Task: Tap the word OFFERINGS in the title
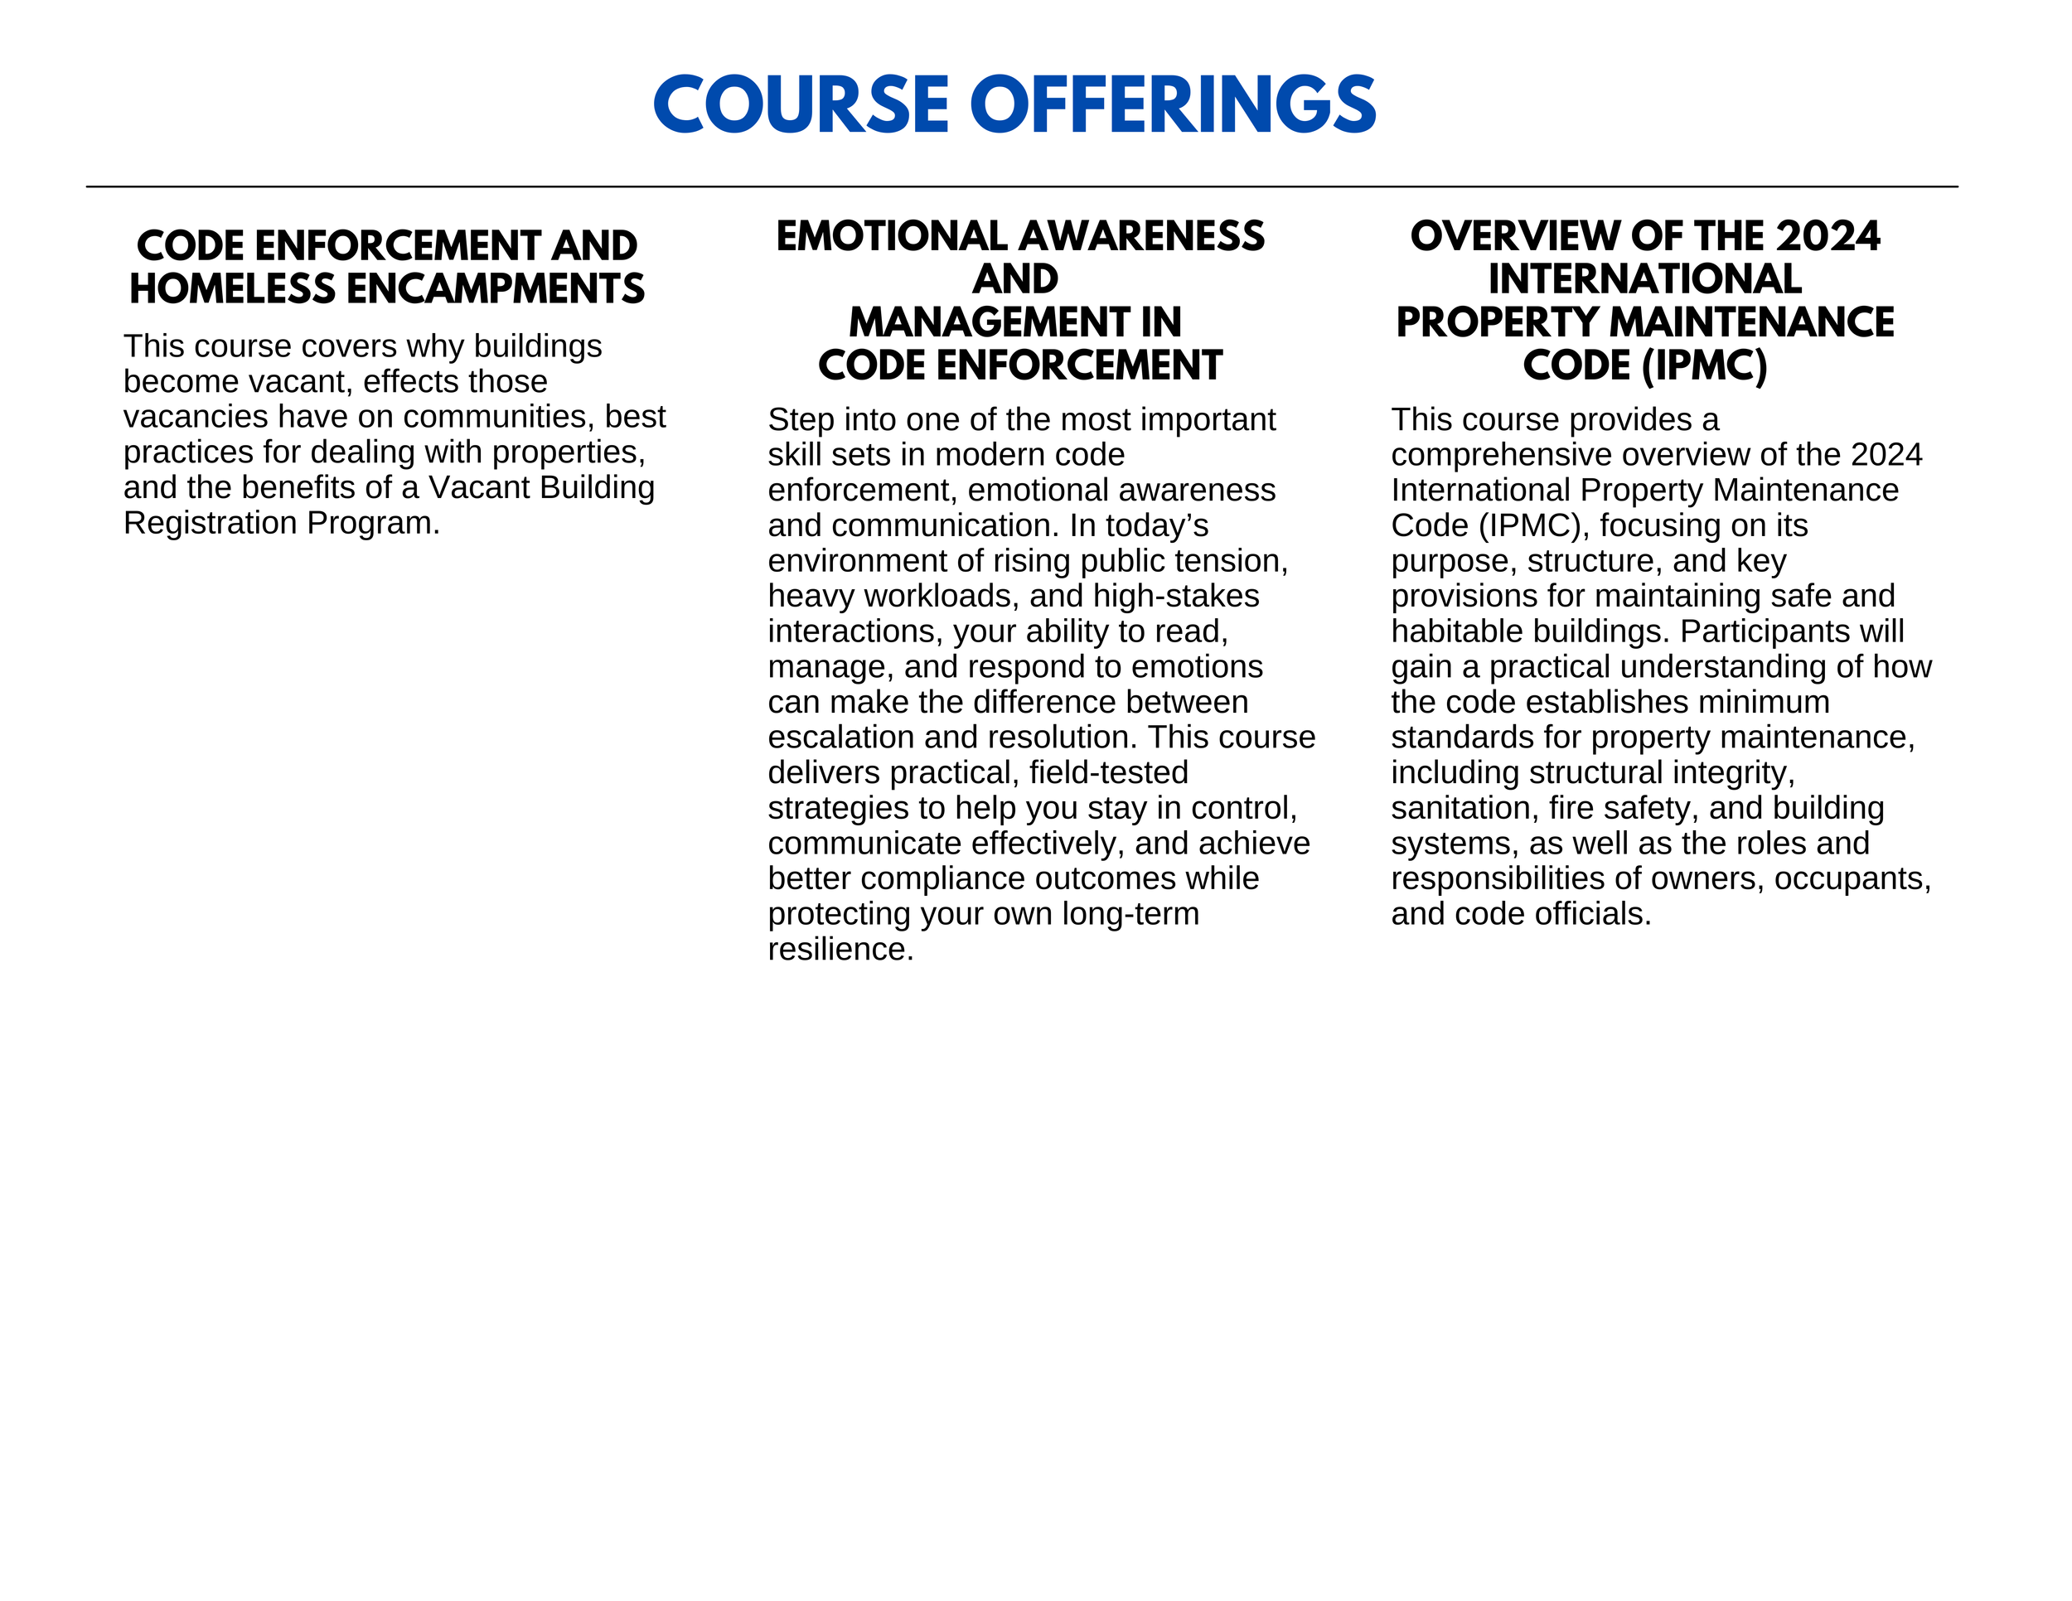pyautogui.click(x=1173, y=104)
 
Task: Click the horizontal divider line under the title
pyautogui.click(x=1022, y=186)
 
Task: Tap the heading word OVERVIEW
pyautogui.click(x=1515, y=236)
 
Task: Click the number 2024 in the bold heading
pyautogui.click(x=1828, y=236)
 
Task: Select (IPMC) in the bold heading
pyautogui.click(x=1705, y=366)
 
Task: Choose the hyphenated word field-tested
pyautogui.click(x=1108, y=772)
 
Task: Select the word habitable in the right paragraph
pyautogui.click(x=1450, y=631)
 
